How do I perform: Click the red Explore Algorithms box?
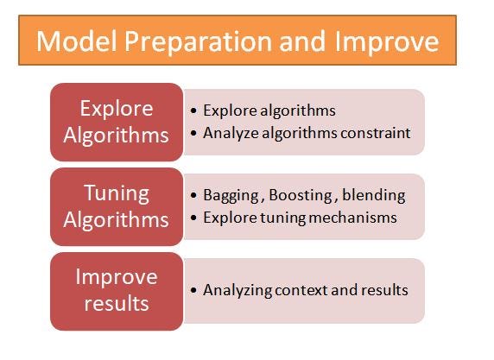click(116, 122)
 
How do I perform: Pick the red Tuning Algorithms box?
click(116, 205)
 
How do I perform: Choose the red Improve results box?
click(116, 290)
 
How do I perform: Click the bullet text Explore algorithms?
click(269, 111)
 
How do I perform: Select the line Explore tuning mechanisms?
click(300, 217)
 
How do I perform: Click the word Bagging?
click(228, 195)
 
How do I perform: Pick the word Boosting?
click(295, 195)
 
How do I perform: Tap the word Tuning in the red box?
click(116, 192)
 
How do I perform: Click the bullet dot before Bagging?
click(193, 196)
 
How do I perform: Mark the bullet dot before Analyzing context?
click(193, 291)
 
